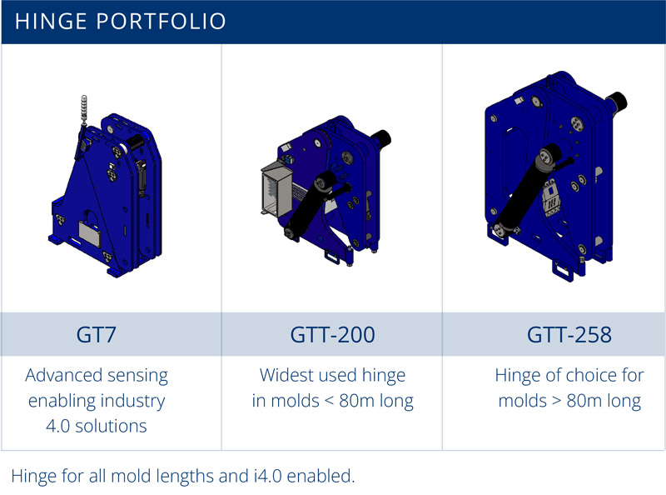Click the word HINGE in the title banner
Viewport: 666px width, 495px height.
(x=51, y=22)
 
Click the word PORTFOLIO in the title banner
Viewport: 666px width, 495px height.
(x=162, y=22)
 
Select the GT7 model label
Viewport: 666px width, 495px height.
(x=96, y=335)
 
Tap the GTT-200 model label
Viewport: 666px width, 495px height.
(x=332, y=335)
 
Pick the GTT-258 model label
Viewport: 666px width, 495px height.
(x=569, y=335)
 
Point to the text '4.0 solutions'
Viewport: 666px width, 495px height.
(x=97, y=426)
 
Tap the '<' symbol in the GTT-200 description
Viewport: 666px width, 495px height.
(x=329, y=401)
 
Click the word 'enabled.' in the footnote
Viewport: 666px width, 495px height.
(x=321, y=476)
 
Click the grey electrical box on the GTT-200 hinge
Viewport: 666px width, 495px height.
(x=276, y=190)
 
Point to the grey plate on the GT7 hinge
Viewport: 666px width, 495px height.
(x=90, y=233)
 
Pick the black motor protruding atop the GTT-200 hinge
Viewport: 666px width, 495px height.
(x=380, y=138)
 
